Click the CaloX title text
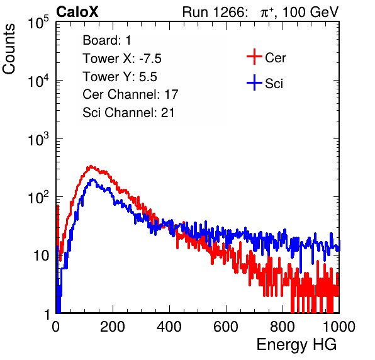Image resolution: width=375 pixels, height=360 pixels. (77, 12)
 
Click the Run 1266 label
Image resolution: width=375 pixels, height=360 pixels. (214, 12)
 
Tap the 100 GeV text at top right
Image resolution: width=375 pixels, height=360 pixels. (310, 12)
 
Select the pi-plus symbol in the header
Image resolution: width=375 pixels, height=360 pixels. (267, 13)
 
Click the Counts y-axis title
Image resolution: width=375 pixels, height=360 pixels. (9, 49)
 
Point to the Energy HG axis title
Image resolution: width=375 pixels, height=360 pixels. (296, 345)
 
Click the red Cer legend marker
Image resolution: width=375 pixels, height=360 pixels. (254, 57)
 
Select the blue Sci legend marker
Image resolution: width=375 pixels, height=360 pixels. (254, 83)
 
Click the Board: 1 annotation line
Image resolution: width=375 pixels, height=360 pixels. (107, 40)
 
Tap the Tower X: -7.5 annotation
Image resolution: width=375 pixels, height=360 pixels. (122, 59)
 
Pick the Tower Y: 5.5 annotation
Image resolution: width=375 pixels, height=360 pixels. (120, 77)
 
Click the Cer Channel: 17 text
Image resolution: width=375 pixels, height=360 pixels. (130, 94)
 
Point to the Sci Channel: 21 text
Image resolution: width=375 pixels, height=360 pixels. (128, 113)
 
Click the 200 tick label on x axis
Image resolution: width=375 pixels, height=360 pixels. (113, 327)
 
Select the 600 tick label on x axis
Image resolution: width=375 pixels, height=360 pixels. (226, 327)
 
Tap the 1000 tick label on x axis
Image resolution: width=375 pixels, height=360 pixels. (339, 327)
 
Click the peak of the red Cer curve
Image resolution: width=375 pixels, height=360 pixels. (91, 166)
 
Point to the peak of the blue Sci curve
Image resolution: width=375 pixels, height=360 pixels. (92, 179)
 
